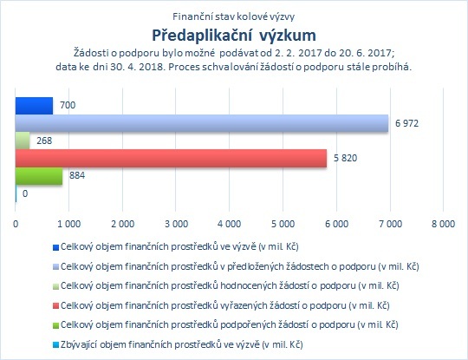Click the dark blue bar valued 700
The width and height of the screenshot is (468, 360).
tap(34, 106)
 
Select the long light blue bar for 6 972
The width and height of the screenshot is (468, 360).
tap(202, 123)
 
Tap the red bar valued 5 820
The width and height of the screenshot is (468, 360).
tap(171, 158)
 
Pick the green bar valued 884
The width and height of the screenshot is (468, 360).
tap(39, 176)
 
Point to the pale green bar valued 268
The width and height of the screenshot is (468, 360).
tap(23, 141)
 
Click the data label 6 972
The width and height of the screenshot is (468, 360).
tap(406, 123)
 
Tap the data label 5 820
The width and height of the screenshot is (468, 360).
tap(345, 158)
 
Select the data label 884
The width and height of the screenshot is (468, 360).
tap(77, 175)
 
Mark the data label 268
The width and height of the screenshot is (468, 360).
tap(44, 141)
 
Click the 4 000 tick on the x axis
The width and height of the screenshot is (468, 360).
tap(229, 224)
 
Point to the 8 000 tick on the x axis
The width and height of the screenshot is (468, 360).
tap(443, 224)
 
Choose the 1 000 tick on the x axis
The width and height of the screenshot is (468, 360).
tap(69, 224)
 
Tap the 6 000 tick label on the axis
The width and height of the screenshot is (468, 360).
tap(336, 224)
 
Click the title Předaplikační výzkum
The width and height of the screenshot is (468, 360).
tap(234, 36)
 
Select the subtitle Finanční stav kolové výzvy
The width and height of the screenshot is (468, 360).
tap(234, 16)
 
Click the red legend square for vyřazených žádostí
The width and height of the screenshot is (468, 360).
tap(55, 306)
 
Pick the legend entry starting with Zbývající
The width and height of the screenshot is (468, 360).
tap(178, 344)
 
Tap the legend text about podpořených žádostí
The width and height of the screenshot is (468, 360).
tap(229, 324)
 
